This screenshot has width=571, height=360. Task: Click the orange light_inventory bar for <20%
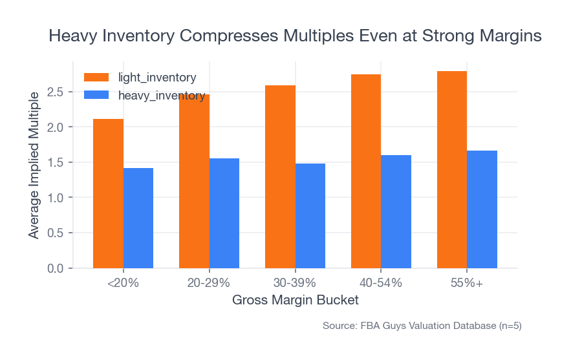108,193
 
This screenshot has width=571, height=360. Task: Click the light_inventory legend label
157,78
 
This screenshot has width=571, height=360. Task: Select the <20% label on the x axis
123,283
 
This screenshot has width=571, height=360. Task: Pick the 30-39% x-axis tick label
295,283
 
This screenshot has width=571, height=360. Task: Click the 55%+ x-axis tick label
467,283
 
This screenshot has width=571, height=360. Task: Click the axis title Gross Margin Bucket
295,301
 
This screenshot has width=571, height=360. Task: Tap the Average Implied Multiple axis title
34,165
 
